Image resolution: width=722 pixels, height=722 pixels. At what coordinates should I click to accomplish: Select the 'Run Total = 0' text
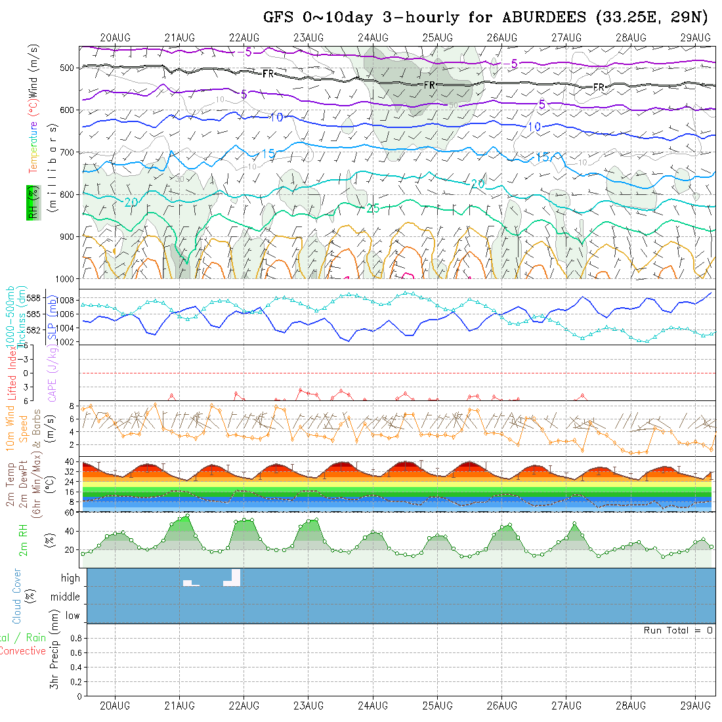coord(678,630)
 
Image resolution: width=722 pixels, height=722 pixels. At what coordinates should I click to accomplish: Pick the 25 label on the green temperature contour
coord(373,209)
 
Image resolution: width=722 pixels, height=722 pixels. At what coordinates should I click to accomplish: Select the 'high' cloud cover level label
coord(70,578)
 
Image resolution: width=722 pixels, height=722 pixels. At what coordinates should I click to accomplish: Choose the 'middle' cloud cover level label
coord(65,597)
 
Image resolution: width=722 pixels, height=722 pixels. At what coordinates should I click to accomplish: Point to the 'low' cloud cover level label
coord(72,616)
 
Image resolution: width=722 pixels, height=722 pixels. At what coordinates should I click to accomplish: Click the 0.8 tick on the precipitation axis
coord(75,638)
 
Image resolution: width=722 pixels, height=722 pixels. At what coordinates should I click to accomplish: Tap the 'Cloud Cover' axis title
coord(17,596)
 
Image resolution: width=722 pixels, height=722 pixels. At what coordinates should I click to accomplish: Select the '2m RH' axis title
coord(23,539)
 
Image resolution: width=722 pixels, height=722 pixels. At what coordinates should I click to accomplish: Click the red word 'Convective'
coord(22,651)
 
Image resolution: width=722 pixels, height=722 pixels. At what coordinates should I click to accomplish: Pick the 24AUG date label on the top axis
coord(373,37)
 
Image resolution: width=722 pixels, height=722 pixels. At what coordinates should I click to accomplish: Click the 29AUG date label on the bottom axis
coord(695,706)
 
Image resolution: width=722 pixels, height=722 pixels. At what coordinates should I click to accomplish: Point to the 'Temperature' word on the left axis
coord(32,146)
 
